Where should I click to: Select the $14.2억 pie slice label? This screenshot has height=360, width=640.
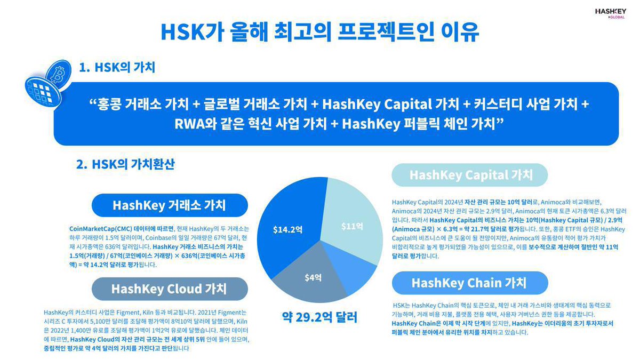pyautogui.click(x=288, y=230)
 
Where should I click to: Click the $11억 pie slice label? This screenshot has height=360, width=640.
pyautogui.click(x=352, y=226)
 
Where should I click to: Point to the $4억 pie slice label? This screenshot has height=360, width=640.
pyautogui.click(x=313, y=277)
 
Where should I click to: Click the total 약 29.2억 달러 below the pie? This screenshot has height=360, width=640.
pyautogui.click(x=319, y=317)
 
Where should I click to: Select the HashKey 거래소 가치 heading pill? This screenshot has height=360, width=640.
pyautogui.click(x=169, y=205)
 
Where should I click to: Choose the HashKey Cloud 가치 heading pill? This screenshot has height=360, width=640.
pyautogui.click(x=169, y=289)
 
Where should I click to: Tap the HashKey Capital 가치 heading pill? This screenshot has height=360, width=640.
pyautogui.click(x=470, y=174)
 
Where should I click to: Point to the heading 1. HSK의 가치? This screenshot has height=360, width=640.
pyautogui.click(x=117, y=68)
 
